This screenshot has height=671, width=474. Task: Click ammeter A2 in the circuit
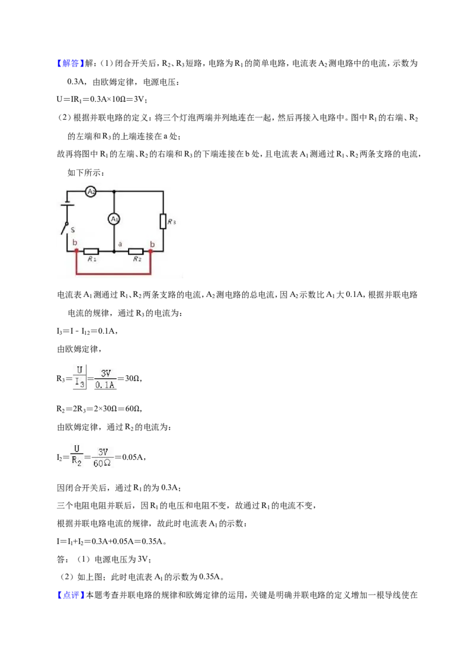pyautogui.click(x=91, y=191)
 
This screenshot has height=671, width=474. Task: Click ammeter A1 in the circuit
pyautogui.click(x=114, y=219)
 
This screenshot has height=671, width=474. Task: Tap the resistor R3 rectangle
pyautogui.click(x=163, y=222)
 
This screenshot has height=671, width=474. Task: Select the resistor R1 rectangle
pyautogui.click(x=91, y=251)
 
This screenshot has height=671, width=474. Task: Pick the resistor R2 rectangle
pyautogui.click(x=136, y=251)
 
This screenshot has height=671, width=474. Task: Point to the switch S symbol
pyautogui.click(x=65, y=228)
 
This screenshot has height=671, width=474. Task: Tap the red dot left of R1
pyautogui.click(x=76, y=251)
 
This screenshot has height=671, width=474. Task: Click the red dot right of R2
pyautogui.click(x=150, y=251)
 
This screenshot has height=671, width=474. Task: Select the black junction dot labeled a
pyautogui.click(x=114, y=251)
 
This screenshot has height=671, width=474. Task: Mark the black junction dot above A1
pyautogui.click(x=114, y=191)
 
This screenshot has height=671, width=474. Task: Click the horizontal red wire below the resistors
pyautogui.click(x=113, y=273)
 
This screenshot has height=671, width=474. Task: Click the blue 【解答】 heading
pyautogui.click(x=70, y=63)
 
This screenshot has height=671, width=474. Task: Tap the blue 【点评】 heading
pyautogui.click(x=70, y=595)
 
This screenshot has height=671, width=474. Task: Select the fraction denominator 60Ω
pyautogui.click(x=102, y=464)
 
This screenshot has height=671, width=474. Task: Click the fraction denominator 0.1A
pyautogui.click(x=105, y=385)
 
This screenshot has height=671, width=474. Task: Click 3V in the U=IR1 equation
pyautogui.click(x=139, y=99)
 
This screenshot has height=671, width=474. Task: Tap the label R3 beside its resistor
pyautogui.click(x=172, y=222)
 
